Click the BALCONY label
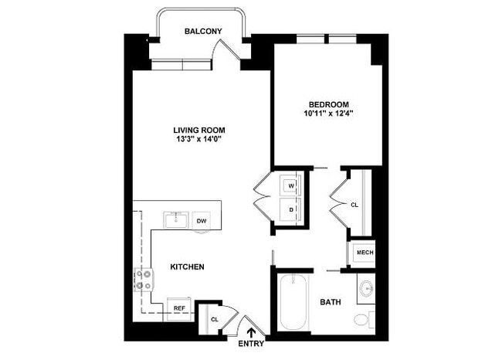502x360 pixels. pos(203,31)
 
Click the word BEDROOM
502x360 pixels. pos(329,104)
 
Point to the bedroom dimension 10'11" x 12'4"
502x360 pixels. pos(329,114)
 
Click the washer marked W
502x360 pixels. pos(292,186)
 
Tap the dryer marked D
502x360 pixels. pos(292,209)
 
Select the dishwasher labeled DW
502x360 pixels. pos(202,221)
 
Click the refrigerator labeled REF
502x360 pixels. pos(179,308)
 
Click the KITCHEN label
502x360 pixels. pos(187,267)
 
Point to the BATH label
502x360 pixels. pos(331,302)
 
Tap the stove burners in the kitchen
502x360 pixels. pos(143,281)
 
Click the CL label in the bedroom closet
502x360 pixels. pos(354,205)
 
